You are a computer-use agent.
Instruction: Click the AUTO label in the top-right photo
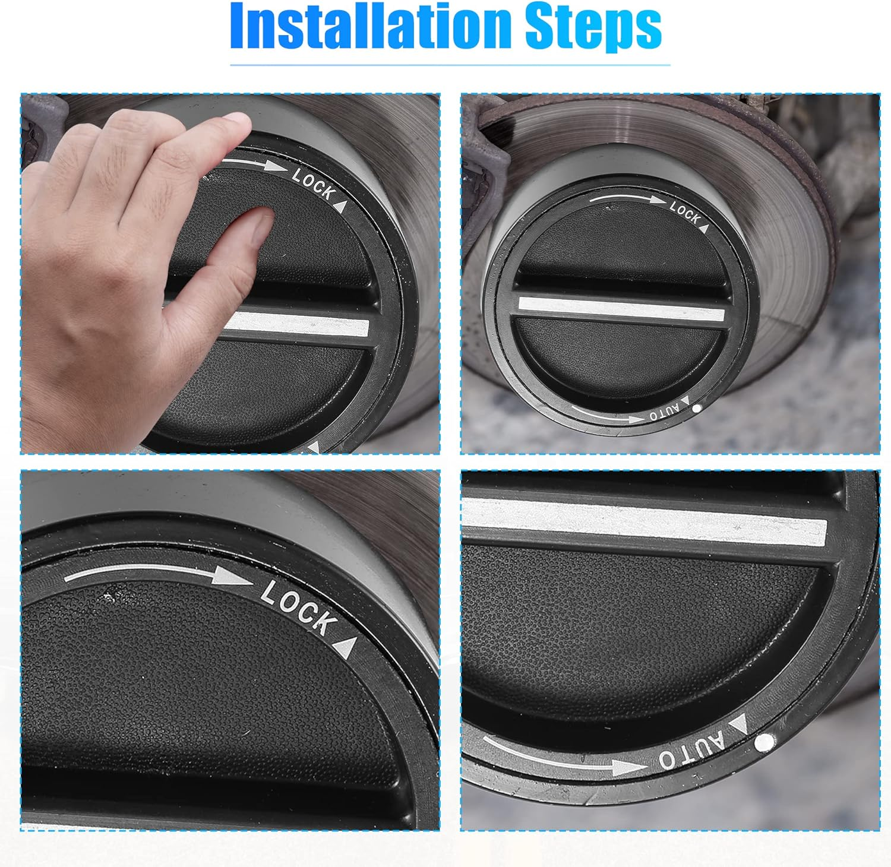click(664, 413)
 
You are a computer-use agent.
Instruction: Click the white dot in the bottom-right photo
click(765, 742)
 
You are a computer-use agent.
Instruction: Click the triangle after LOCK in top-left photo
click(340, 206)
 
